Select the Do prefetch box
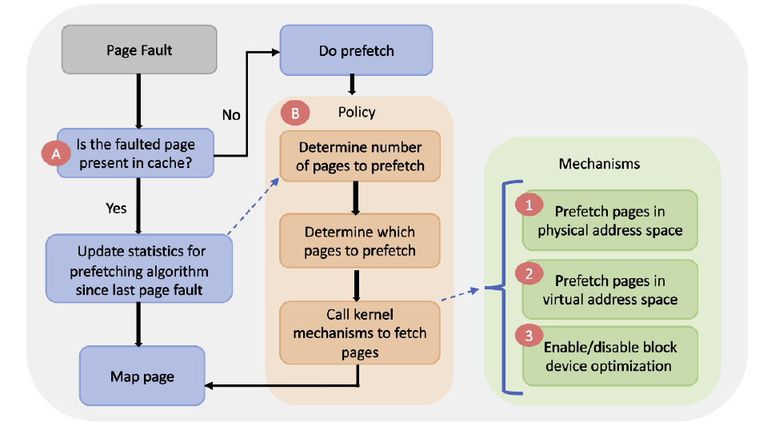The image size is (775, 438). (356, 51)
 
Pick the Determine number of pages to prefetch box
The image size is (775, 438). (360, 157)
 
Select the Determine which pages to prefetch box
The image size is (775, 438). (360, 241)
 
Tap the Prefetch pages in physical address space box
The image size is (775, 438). (610, 221)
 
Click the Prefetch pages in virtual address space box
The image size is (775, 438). (610, 289)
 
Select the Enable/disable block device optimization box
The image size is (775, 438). (610, 356)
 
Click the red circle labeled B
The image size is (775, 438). (295, 113)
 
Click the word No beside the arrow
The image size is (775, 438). (231, 115)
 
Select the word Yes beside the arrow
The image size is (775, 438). (116, 208)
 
